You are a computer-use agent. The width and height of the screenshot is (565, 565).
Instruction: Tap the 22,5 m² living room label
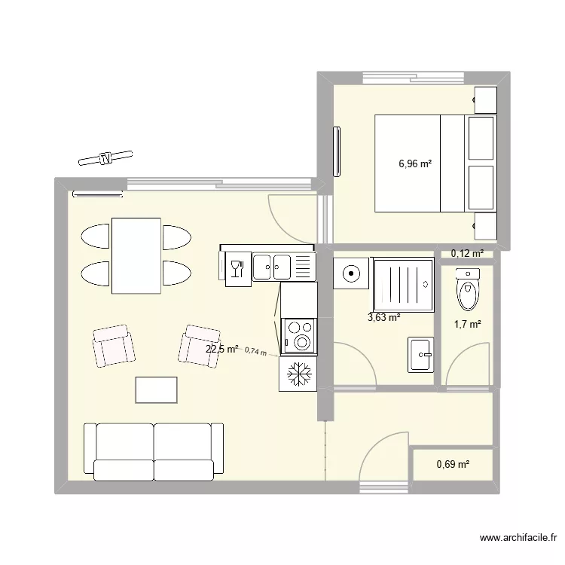(x=221, y=349)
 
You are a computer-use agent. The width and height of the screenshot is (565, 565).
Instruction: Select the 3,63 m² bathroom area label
(x=383, y=317)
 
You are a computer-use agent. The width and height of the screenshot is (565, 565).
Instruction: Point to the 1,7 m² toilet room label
(x=467, y=324)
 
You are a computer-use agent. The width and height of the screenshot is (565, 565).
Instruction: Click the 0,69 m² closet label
(x=453, y=465)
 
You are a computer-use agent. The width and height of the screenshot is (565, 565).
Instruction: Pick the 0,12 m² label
(x=467, y=254)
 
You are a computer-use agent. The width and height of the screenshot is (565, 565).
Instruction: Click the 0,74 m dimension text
(x=255, y=351)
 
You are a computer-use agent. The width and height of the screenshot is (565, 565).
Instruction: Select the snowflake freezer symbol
(x=297, y=374)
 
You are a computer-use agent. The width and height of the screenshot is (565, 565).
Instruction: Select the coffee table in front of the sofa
(x=157, y=390)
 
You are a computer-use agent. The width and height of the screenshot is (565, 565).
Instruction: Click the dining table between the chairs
(x=136, y=255)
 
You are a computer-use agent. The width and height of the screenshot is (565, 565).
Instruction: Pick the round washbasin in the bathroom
(x=350, y=273)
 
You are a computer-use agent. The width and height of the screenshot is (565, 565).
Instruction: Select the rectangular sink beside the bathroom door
(x=420, y=354)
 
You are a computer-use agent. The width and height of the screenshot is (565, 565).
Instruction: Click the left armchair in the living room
(x=114, y=347)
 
